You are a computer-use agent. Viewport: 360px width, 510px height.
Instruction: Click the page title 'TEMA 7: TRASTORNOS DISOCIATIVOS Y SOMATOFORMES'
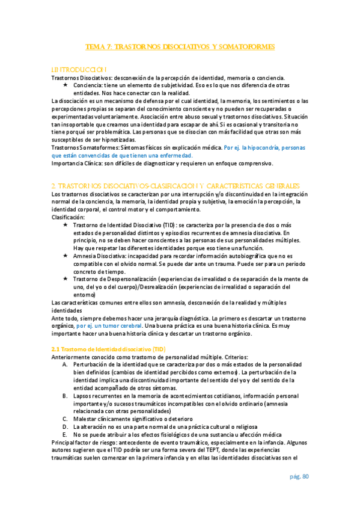180,46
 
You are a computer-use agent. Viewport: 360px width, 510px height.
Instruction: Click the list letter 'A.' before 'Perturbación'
66,365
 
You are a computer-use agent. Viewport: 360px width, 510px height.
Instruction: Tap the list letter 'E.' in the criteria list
66,435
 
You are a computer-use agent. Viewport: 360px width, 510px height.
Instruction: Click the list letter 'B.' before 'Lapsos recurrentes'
66,396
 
